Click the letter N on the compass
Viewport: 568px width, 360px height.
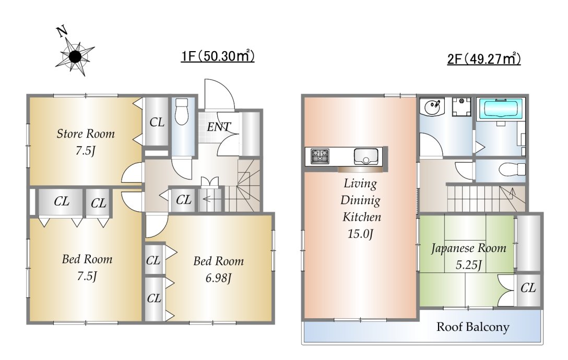[62, 32]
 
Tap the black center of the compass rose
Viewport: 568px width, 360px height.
[75, 56]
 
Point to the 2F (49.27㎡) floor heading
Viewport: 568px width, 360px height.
[484, 58]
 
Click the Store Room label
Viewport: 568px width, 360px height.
[86, 134]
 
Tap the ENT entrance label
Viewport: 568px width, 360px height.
[219, 127]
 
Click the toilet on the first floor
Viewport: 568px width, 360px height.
[181, 111]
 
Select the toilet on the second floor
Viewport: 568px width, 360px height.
[512, 169]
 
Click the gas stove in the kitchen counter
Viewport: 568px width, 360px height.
[320, 157]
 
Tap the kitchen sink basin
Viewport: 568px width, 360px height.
[366, 157]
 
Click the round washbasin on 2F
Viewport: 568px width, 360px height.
[432, 107]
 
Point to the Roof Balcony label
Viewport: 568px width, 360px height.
[473, 327]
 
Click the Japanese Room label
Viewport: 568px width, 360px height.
[468, 248]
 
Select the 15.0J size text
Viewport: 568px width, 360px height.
[360, 234]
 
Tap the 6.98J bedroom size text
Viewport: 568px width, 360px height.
[218, 278]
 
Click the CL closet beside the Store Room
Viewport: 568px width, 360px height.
[157, 123]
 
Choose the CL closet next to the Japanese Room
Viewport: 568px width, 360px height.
[528, 289]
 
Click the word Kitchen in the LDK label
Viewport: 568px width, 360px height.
[361, 217]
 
